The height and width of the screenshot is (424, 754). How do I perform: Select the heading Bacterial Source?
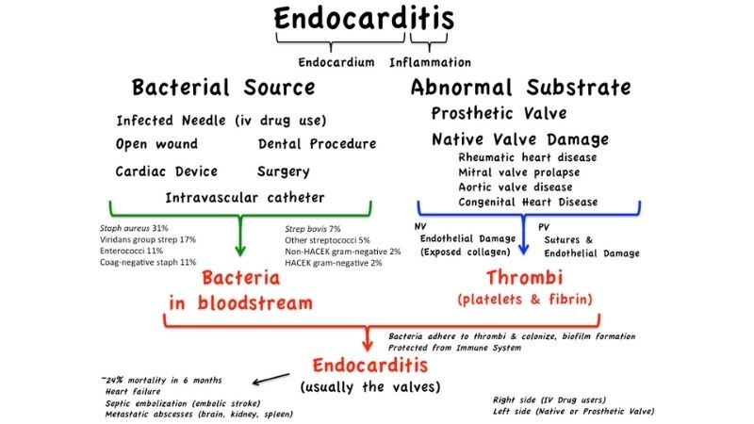[x=223, y=89]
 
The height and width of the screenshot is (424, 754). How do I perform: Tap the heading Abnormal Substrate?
[x=520, y=89]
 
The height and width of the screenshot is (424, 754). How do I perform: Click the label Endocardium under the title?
[x=338, y=62]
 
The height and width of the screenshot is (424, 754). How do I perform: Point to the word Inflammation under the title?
[x=430, y=62]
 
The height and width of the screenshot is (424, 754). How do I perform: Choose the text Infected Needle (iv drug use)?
[x=221, y=121]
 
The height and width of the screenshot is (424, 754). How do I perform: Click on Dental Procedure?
[x=316, y=144]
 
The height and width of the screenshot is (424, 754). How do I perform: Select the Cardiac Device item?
[x=166, y=171]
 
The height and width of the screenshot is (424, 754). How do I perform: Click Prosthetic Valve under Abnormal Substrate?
[x=499, y=114]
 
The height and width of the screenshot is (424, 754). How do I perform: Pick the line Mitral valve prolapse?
[x=518, y=172]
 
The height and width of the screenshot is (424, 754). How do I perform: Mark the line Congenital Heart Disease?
[x=531, y=202]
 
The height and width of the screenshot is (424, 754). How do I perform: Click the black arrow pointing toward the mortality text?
[x=272, y=378]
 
